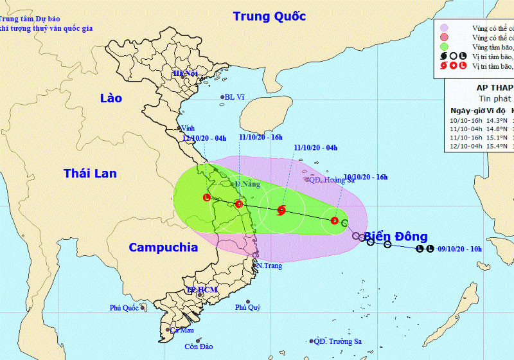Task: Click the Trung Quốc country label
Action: click(269, 17)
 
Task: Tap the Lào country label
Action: click(111, 98)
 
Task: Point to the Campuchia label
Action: click(161, 247)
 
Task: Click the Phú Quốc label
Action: click(124, 308)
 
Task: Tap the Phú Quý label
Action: click(248, 308)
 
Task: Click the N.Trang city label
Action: click(269, 265)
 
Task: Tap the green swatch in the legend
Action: click(443, 46)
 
